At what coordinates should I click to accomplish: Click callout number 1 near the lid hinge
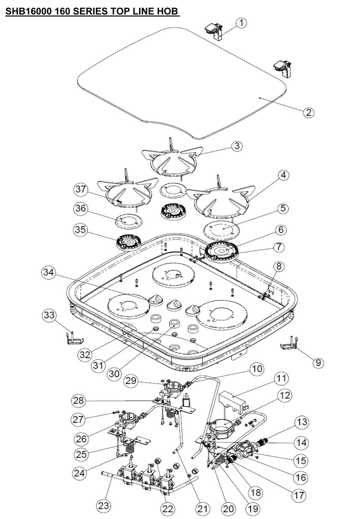pyautogui.click(x=242, y=23)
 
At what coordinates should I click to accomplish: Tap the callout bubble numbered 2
pyautogui.click(x=308, y=112)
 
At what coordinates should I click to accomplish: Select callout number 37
pyautogui.click(x=81, y=190)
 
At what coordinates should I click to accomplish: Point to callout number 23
pyautogui.click(x=103, y=506)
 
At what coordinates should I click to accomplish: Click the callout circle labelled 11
pyautogui.click(x=281, y=378)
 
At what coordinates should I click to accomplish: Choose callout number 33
pyautogui.click(x=49, y=315)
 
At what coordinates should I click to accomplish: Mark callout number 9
pyautogui.click(x=318, y=363)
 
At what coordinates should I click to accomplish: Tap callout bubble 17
pyautogui.click(x=299, y=496)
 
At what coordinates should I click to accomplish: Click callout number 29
pyautogui.click(x=131, y=380)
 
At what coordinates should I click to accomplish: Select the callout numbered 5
pyautogui.click(x=283, y=209)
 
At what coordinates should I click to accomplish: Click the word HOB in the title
pyautogui.click(x=169, y=11)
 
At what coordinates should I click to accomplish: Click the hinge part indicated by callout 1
pyautogui.click(x=214, y=32)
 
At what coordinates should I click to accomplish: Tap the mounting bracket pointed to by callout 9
pyautogui.click(x=289, y=343)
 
